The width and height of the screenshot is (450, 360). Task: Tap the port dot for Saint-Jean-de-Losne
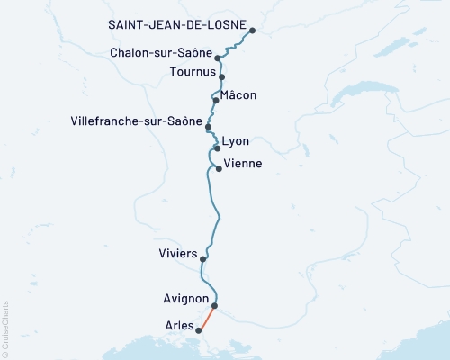coord(252,31)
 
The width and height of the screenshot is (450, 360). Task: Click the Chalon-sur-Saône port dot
coord(218,58)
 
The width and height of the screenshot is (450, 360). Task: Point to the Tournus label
coord(192,71)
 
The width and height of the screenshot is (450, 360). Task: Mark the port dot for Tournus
coord(221,77)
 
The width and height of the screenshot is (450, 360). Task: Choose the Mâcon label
coord(239,94)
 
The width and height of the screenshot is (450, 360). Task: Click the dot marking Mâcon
coord(216,100)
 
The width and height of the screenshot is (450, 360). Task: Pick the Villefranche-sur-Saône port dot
coord(208,127)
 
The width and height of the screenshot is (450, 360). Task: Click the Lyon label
coord(236,142)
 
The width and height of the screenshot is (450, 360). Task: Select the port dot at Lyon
coord(217,148)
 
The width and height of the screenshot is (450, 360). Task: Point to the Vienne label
coord(242,164)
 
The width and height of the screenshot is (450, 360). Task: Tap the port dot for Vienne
coord(219,168)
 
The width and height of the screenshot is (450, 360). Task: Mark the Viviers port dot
coord(203,259)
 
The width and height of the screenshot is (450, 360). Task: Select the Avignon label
coord(186,299)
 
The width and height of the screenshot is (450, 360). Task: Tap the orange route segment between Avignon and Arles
coord(207,318)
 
